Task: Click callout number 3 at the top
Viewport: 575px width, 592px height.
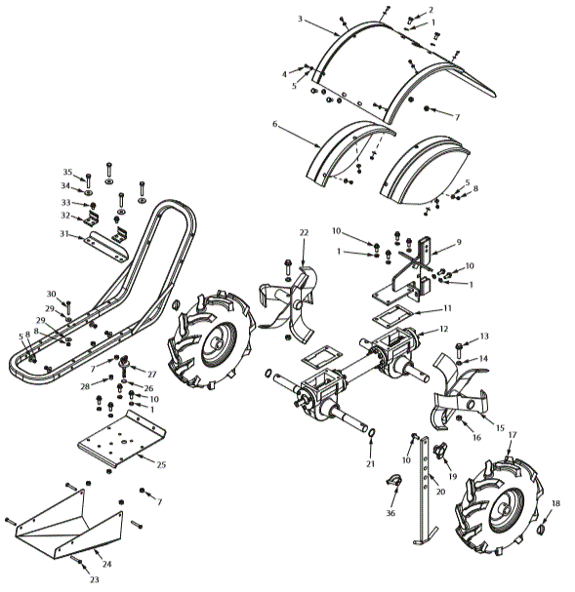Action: coord(300,19)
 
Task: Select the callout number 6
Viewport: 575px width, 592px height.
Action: coord(275,125)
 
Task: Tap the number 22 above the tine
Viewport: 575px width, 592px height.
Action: coord(304,232)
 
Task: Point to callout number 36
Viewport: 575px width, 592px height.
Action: coord(390,513)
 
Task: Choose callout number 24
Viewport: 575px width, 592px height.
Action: coord(106,564)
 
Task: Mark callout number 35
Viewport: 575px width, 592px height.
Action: coord(68,172)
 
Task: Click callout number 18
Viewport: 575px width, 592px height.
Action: coord(555,503)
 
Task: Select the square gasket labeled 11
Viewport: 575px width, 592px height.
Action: coord(392,316)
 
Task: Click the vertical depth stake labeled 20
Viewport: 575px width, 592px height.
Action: coord(426,488)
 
